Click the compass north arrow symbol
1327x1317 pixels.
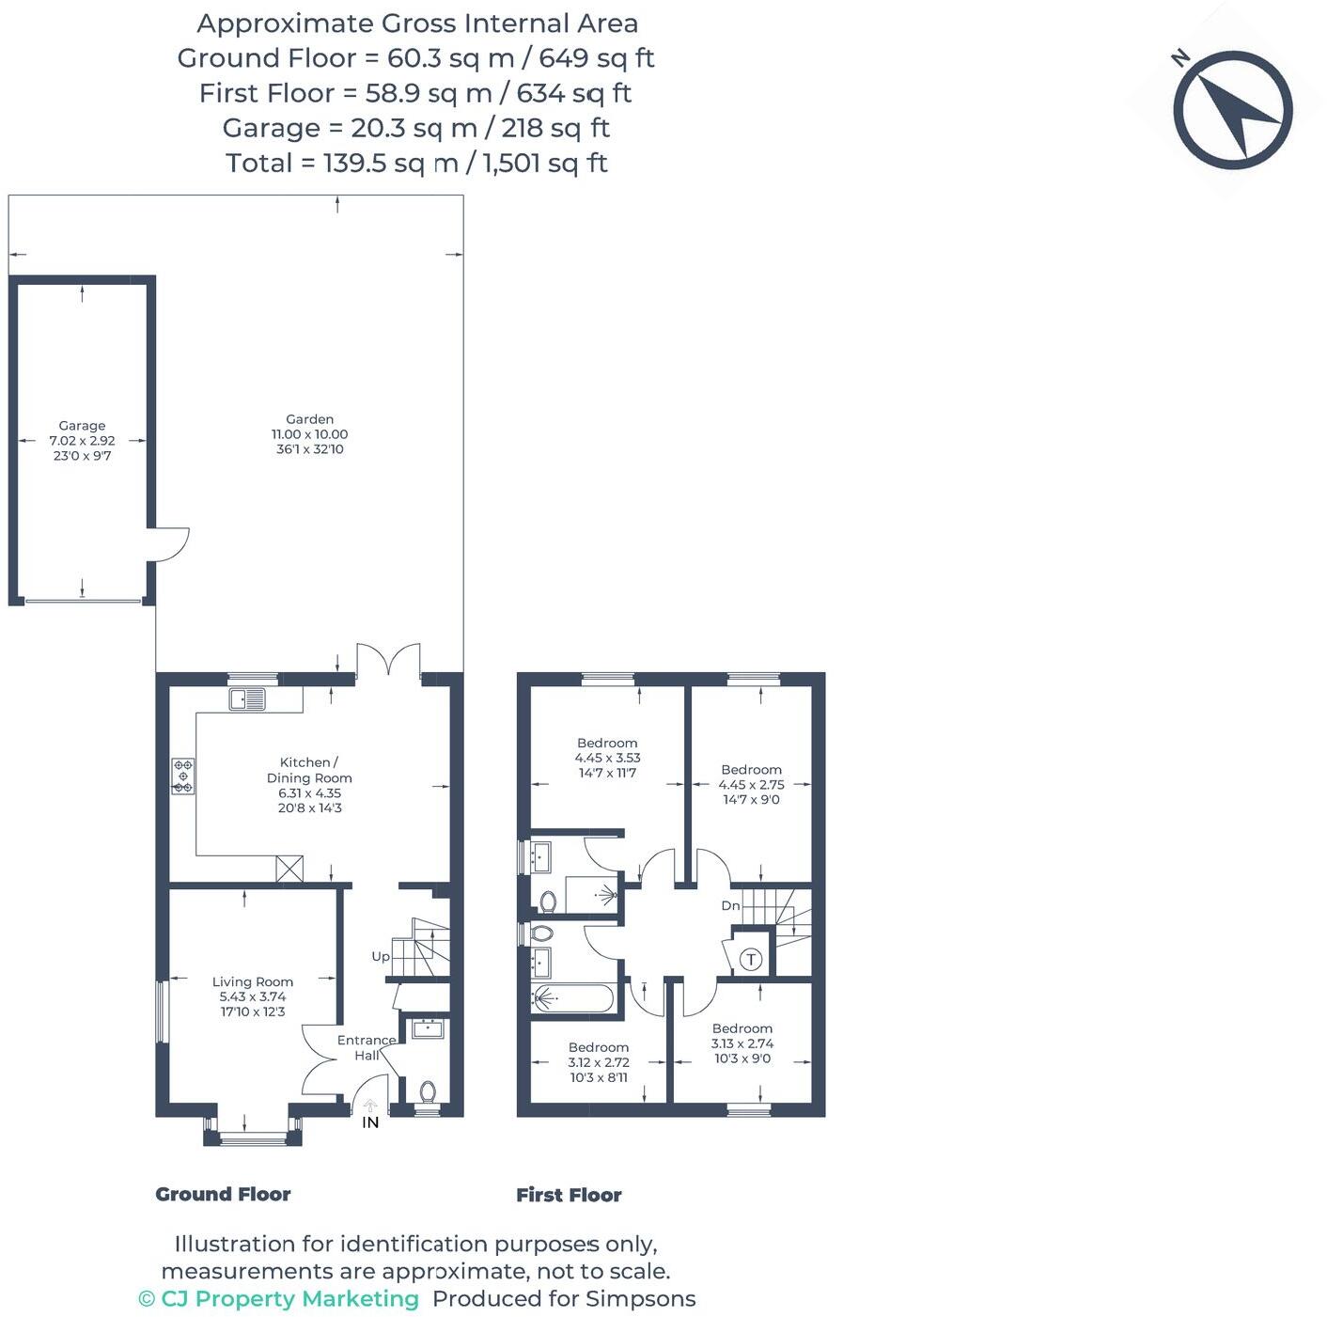[1232, 110]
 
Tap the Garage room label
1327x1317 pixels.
[82, 426]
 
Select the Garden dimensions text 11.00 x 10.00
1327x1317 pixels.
[309, 435]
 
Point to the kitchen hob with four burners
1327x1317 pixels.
[183, 776]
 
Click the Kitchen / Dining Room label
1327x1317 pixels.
[309, 770]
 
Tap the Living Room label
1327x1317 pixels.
[253, 982]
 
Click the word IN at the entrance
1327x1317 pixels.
[370, 1122]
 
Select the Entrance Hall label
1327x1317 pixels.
[366, 1047]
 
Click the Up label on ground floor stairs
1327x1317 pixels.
[380, 957]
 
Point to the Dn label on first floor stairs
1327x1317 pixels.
[730, 906]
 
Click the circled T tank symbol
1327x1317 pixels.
[751, 960]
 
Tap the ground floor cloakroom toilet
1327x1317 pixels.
[428, 1092]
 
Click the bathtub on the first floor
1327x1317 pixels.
[573, 997]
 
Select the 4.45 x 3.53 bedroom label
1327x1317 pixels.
[607, 758]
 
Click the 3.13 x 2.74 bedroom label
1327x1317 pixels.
[742, 1043]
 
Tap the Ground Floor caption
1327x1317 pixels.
[223, 1194]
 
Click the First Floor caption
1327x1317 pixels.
[569, 1195]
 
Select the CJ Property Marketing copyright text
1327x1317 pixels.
[279, 1299]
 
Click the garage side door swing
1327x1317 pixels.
[169, 544]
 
